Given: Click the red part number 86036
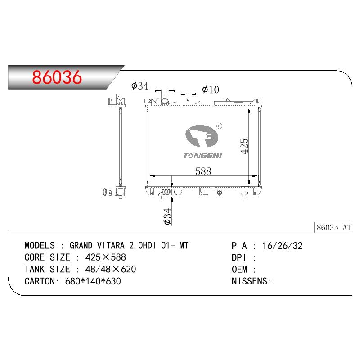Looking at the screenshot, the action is tap(57, 77).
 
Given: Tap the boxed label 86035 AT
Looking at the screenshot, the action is tap(333, 228).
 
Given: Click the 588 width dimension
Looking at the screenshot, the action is tap(203, 171).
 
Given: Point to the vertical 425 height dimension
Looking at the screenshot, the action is tap(244, 146).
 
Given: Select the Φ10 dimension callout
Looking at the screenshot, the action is tap(211, 90).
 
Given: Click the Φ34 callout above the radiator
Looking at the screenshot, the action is tap(140, 86).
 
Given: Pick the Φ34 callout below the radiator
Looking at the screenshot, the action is tap(167, 216).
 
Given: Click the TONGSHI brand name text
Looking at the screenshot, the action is tap(202, 156).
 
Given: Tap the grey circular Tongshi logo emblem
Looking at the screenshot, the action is tap(202, 136).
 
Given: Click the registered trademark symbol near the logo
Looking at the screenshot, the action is tap(220, 126).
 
